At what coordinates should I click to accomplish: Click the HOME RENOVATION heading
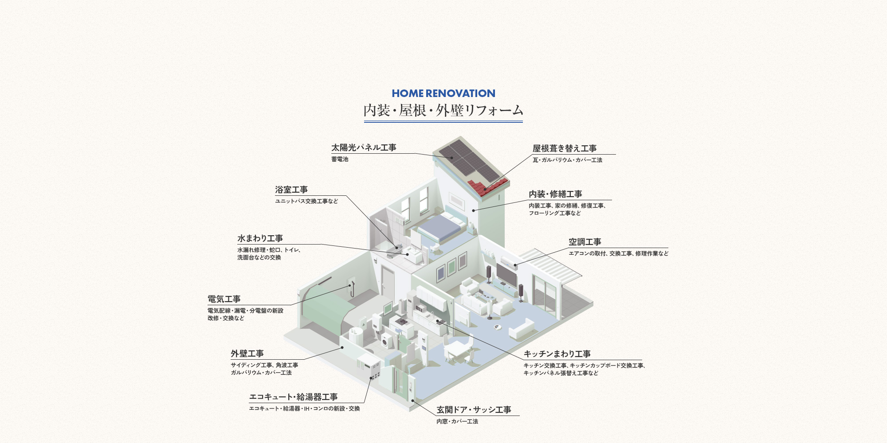tap(443, 93)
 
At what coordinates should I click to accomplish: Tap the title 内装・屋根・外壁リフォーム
tap(443, 110)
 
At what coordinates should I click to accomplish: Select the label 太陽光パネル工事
tap(364, 148)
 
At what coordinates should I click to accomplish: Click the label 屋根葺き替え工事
tap(565, 148)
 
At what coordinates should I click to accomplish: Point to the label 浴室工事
tap(291, 190)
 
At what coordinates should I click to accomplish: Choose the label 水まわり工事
tap(260, 238)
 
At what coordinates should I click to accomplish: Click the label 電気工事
tap(224, 299)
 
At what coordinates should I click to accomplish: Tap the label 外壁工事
tap(247, 354)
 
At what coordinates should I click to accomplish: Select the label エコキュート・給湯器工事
tap(294, 397)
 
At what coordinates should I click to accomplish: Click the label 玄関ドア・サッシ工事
tap(474, 410)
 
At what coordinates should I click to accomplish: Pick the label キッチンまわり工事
tap(557, 354)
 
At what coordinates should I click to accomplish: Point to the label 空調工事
tap(585, 242)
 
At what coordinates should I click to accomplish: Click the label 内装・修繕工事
tap(555, 194)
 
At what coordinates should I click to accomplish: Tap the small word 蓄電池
tap(340, 159)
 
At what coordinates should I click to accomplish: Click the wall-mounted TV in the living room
tap(506, 275)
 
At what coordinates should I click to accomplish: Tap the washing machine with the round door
tap(387, 341)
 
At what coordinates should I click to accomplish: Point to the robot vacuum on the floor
tap(498, 327)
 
